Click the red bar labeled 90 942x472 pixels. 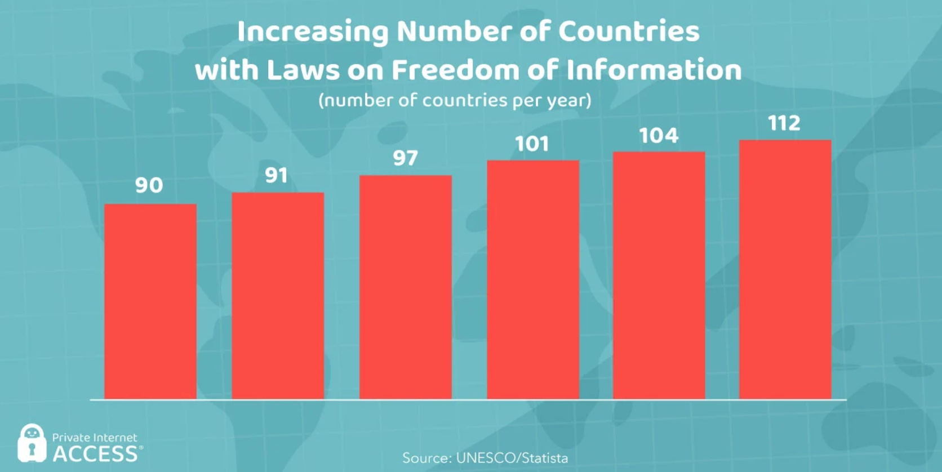point(150,301)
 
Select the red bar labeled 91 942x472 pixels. point(278,296)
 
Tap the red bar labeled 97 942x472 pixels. point(406,287)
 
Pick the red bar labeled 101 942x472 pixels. point(533,280)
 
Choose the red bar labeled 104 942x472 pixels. point(659,275)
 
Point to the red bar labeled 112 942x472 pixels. point(785,269)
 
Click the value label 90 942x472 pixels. point(149,185)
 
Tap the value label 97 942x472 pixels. point(406,158)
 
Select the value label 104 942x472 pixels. point(659,136)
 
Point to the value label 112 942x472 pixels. point(784,123)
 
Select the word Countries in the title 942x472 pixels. point(629,32)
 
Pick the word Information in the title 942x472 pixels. point(654,70)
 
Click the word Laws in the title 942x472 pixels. point(303,70)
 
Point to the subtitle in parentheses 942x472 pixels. point(455,101)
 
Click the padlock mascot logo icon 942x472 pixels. point(32,443)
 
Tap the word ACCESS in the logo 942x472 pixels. point(95,454)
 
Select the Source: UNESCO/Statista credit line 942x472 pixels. point(485,458)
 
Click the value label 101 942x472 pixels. point(532,144)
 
